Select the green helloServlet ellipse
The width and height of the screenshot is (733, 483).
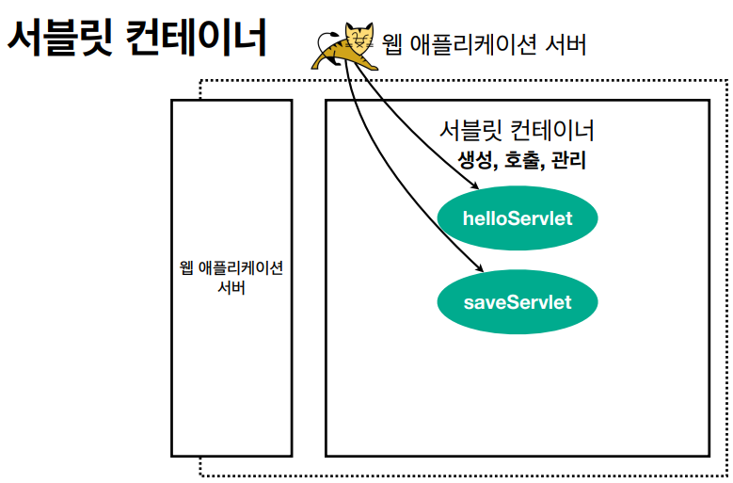(x=518, y=218)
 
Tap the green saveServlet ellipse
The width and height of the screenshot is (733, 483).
(x=518, y=302)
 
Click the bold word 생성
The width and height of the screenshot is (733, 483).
(x=475, y=160)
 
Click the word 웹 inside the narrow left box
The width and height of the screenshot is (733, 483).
(x=186, y=267)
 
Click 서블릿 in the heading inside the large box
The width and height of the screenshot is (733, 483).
(x=471, y=130)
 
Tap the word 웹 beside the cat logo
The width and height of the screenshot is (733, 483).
(x=393, y=43)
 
